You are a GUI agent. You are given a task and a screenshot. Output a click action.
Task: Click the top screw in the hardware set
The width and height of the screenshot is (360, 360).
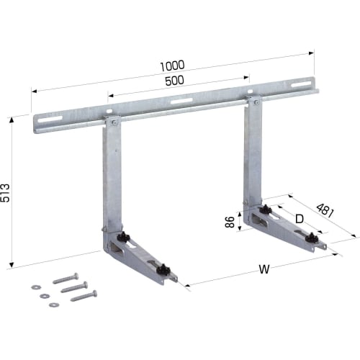click(x=67, y=277)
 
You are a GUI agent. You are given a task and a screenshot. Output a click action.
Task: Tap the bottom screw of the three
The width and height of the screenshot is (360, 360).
click(x=84, y=294)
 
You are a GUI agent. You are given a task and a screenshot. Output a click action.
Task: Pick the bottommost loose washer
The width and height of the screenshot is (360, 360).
click(x=53, y=305)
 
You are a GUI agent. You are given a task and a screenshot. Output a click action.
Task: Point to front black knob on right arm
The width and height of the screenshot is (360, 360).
click(x=311, y=237)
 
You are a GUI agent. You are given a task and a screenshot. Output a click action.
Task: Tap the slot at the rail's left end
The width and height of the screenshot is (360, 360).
click(x=48, y=121)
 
